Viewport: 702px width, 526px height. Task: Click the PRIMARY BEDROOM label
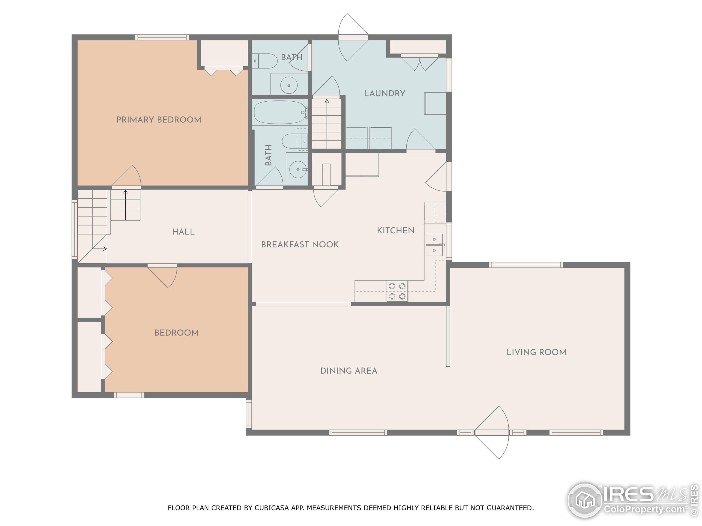pos(159,120)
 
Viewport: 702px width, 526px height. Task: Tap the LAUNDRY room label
pos(384,93)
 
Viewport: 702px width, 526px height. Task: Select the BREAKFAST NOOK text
pos(300,244)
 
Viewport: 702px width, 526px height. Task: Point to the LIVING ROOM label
pos(536,352)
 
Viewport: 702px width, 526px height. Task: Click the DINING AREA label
pos(349,371)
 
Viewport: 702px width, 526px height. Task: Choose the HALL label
pos(183,232)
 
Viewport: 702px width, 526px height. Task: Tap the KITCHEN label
pos(395,230)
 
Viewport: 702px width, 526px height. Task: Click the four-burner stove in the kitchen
pos(397,291)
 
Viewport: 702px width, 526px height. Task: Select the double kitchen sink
pos(434,245)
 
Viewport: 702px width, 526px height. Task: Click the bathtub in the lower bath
pos(279,112)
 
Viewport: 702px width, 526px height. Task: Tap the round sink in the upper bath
pos(289,85)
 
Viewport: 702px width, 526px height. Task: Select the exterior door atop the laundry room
pos(353,38)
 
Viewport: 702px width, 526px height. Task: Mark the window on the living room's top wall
pos(526,265)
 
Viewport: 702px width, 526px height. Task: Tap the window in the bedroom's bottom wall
pos(129,395)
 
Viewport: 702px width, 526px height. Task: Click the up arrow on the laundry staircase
pos(327,101)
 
